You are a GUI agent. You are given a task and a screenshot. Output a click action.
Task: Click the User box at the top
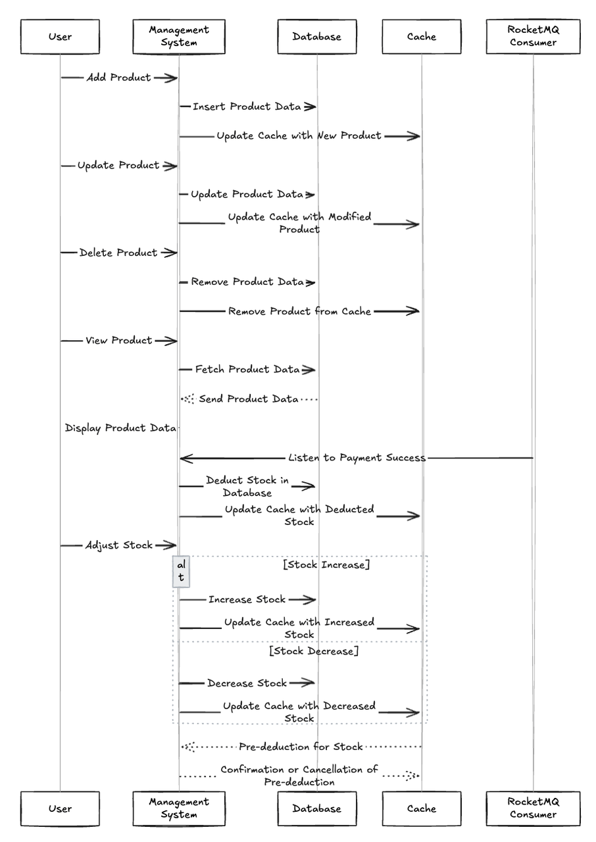point(60,36)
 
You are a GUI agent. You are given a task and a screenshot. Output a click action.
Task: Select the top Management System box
point(179,36)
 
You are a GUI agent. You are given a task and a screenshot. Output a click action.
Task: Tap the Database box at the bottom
point(317,808)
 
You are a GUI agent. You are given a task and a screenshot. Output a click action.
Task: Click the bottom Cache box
point(422,808)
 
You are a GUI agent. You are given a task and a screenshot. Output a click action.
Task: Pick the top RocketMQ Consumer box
point(533,36)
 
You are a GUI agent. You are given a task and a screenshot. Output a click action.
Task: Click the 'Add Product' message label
point(118,78)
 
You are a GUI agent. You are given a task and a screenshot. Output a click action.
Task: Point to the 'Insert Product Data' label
point(247,107)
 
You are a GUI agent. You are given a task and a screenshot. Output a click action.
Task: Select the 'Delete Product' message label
point(118,253)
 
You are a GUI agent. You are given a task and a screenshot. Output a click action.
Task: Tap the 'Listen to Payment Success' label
point(357,457)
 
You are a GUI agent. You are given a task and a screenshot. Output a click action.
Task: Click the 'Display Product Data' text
point(120,428)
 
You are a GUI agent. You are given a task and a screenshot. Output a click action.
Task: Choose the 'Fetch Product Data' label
point(247,370)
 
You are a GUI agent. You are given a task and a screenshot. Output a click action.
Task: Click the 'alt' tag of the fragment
point(182,571)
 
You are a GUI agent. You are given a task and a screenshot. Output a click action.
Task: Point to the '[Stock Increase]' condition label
point(326,565)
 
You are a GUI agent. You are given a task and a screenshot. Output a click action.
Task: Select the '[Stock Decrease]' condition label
point(314,651)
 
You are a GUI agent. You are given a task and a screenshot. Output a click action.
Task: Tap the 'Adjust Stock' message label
point(118,545)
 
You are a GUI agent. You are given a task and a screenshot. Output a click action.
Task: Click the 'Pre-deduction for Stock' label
point(301,747)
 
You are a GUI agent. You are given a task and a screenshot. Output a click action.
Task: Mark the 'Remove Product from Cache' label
point(299,311)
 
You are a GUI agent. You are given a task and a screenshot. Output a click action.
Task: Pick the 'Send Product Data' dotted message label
point(249,399)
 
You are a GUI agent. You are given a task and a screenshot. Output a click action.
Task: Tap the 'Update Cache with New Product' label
point(299,136)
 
